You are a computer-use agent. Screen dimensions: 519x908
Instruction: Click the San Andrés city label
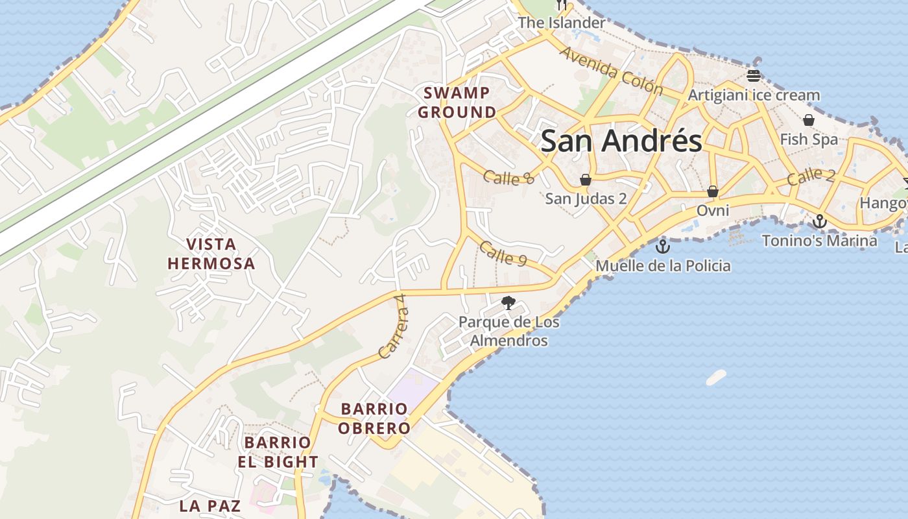[x=621, y=141]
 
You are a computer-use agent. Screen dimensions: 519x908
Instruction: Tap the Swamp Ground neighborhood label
[x=457, y=103]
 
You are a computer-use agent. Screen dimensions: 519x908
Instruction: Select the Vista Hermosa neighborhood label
[x=211, y=254]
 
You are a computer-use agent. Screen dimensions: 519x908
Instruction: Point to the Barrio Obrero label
[x=374, y=418]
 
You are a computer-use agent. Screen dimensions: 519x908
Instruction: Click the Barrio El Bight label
[x=278, y=452]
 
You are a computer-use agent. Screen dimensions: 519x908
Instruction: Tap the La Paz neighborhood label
[x=210, y=505]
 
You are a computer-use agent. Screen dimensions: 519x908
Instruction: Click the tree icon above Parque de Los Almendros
[x=508, y=302]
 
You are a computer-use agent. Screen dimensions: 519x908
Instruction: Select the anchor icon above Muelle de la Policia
[x=662, y=247]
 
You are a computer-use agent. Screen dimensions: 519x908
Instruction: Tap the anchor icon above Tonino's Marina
[x=820, y=222]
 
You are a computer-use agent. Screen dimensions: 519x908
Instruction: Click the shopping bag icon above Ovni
[x=712, y=191]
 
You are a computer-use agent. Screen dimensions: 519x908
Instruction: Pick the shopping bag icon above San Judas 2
[x=586, y=179]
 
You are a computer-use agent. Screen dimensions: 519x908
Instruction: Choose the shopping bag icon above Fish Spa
[x=809, y=120]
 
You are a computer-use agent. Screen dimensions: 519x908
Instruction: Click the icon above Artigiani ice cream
[x=753, y=75]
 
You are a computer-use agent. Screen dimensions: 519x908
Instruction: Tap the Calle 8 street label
[x=508, y=176]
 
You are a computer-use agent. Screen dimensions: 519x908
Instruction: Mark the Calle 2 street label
[x=811, y=176]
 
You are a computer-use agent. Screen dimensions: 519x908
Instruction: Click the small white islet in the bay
[x=716, y=377]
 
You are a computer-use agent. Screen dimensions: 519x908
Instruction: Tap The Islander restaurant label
[x=561, y=23]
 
